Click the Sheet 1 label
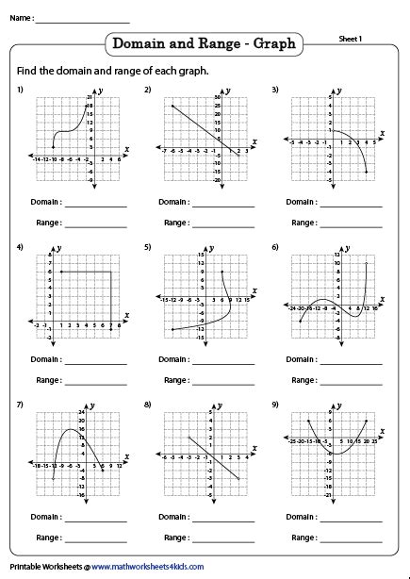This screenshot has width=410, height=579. click(351, 38)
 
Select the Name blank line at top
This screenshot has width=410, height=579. click(83, 20)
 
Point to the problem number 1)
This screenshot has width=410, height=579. click(19, 90)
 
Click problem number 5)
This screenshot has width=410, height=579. click(148, 247)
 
